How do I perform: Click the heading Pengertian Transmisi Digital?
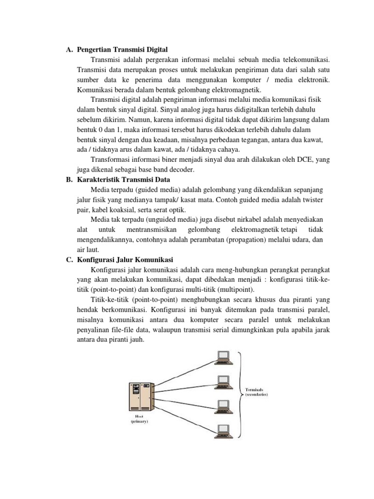122,50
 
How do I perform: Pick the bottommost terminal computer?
224,430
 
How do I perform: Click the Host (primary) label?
138,419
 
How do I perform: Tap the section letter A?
69,50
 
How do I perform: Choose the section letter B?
69,179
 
